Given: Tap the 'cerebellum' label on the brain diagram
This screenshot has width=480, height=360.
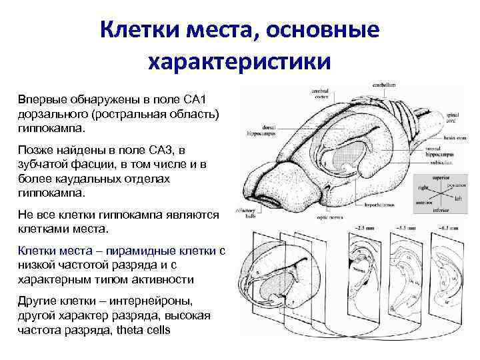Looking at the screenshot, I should coord(384,85).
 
